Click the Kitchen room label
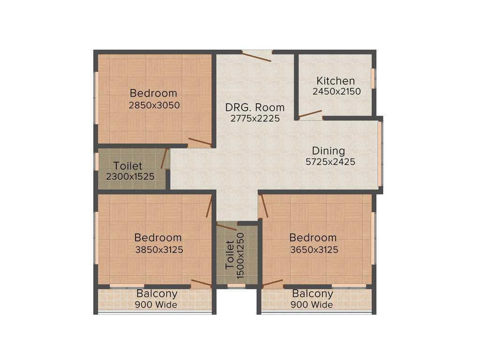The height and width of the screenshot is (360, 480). tap(336, 81)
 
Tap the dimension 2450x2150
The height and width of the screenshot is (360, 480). tap(337, 91)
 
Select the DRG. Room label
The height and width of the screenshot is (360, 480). tap(255, 108)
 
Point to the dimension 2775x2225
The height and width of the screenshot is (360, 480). tap(255, 119)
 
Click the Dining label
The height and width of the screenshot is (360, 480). tap(329, 151)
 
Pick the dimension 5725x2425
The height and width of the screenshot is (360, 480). tap(330, 162)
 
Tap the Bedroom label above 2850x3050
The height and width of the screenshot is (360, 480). tap(154, 93)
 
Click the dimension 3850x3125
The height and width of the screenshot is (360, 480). tap(159, 250)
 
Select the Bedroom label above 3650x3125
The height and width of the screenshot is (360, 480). tap(313, 238)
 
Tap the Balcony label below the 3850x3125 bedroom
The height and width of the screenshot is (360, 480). tap(157, 294)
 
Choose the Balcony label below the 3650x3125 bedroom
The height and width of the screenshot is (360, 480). tap(313, 294)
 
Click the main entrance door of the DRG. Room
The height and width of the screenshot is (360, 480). tap(257, 56)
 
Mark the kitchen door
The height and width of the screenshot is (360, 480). tap(310, 114)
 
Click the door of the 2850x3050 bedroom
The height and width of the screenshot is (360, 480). tap(200, 142)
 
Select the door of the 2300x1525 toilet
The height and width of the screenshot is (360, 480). tap(164, 158)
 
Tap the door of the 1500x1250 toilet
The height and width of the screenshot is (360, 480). tap(227, 227)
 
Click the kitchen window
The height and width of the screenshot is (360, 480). tap(373, 78)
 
